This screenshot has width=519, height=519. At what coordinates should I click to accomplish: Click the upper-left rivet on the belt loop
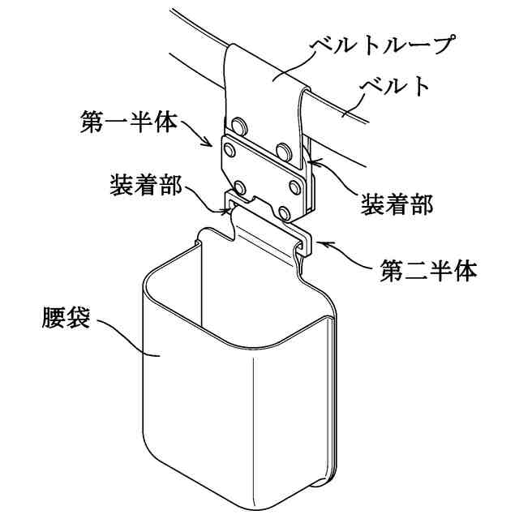238,125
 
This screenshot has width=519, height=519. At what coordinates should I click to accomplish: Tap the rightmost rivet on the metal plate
294,187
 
